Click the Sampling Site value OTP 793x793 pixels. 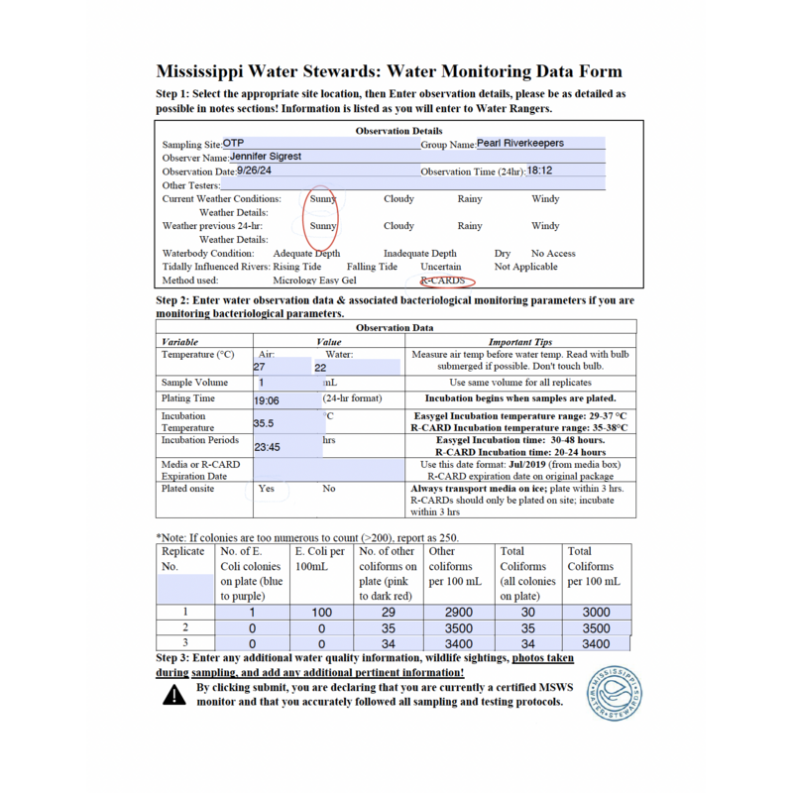(x=234, y=144)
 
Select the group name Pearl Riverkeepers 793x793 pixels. (x=520, y=143)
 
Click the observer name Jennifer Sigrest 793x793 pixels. (x=265, y=157)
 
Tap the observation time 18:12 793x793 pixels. (x=539, y=170)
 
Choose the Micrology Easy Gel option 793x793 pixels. (x=314, y=282)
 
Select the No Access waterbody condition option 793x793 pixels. (x=553, y=254)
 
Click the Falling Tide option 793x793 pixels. (x=373, y=268)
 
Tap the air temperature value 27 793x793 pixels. (x=261, y=367)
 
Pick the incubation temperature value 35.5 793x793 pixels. (x=265, y=422)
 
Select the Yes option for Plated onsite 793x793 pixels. (x=267, y=489)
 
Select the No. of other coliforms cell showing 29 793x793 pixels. (x=388, y=613)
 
